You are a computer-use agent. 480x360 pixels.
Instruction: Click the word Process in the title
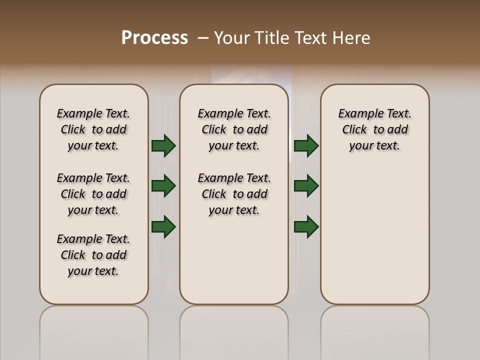(x=154, y=38)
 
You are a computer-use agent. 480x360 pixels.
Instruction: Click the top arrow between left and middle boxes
(x=163, y=146)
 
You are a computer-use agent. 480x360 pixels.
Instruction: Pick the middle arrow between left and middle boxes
(x=163, y=186)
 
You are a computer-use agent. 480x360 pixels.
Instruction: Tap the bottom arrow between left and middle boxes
(x=163, y=226)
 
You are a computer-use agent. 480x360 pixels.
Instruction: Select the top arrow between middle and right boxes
(x=306, y=146)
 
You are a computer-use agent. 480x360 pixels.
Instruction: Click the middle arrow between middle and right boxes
(x=306, y=186)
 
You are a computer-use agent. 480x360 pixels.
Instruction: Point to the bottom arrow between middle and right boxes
(x=306, y=226)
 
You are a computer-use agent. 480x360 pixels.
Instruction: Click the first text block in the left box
(x=93, y=129)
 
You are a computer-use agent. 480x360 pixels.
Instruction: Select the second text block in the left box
(x=93, y=194)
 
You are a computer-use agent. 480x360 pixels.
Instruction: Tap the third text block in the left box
(x=93, y=255)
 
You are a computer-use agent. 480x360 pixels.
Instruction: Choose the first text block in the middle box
(x=234, y=129)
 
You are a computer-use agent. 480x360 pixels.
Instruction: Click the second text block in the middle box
(x=234, y=194)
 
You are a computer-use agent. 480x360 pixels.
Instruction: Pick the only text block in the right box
(x=374, y=129)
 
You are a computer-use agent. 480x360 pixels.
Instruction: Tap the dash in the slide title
(x=203, y=38)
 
